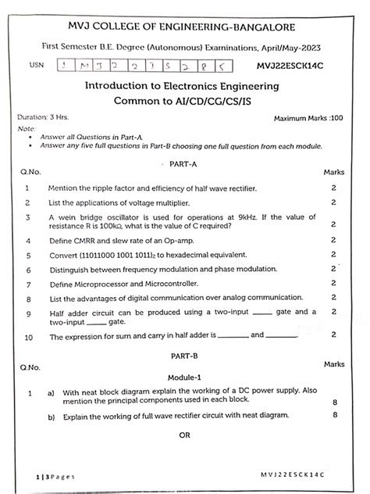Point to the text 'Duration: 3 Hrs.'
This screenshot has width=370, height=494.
43,117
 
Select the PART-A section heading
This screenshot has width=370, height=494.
186,165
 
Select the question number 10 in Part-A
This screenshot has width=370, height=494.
28,337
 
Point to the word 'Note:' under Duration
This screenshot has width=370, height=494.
26,127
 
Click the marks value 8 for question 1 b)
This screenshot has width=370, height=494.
334,415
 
